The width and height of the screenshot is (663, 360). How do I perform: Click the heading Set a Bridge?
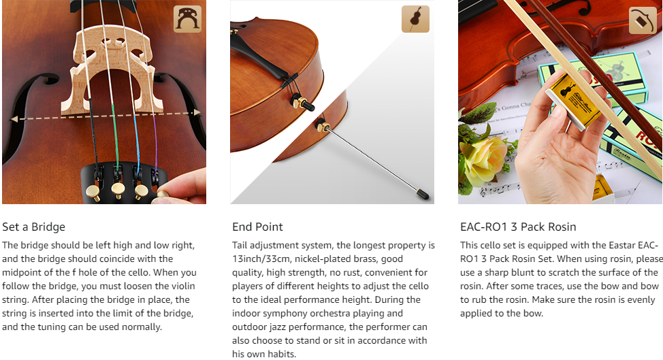tap(34, 227)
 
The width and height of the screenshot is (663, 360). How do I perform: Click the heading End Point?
tap(257, 227)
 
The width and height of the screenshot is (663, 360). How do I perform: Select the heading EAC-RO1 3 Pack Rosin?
tap(518, 227)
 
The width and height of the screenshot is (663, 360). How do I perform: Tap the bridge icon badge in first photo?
tap(188, 19)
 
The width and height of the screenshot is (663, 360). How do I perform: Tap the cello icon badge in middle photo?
tap(415, 19)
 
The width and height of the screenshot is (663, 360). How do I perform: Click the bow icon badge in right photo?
tap(643, 20)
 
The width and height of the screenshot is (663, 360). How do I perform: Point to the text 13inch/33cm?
tap(261, 259)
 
